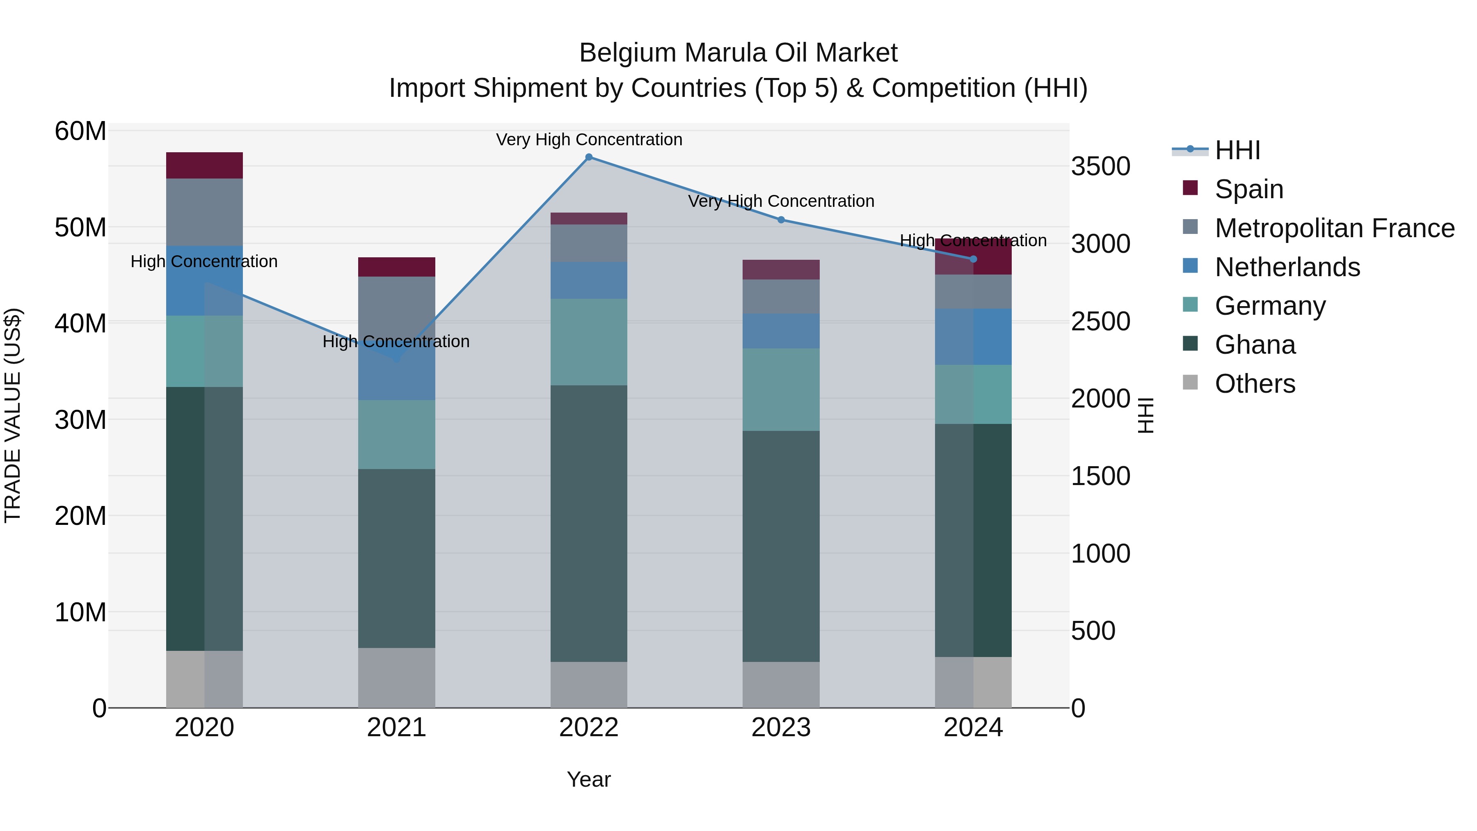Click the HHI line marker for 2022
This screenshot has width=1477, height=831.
click(x=589, y=157)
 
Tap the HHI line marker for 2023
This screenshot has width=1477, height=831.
click(x=781, y=220)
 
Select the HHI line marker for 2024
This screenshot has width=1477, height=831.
click(x=973, y=259)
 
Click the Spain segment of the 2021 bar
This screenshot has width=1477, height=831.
click(x=396, y=267)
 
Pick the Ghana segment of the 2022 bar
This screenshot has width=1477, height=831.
click(x=589, y=523)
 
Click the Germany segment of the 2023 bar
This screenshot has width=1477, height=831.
click(x=781, y=389)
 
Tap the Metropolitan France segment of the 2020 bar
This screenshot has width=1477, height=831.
click(x=204, y=212)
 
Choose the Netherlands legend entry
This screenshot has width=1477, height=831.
click(x=1287, y=267)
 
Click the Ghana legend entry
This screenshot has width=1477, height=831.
click(x=1255, y=345)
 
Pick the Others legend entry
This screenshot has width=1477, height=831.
click(x=1255, y=384)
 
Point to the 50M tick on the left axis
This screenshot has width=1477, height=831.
click(x=80, y=228)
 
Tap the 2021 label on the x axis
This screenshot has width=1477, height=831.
click(x=396, y=728)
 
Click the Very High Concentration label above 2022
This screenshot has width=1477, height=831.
click(x=589, y=140)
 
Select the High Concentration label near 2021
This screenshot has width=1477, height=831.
click(x=396, y=341)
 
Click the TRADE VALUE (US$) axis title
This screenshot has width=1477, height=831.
click(x=13, y=415)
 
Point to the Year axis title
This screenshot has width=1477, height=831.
click(x=589, y=779)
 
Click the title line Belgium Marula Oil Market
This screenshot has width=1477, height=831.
click(x=738, y=53)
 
